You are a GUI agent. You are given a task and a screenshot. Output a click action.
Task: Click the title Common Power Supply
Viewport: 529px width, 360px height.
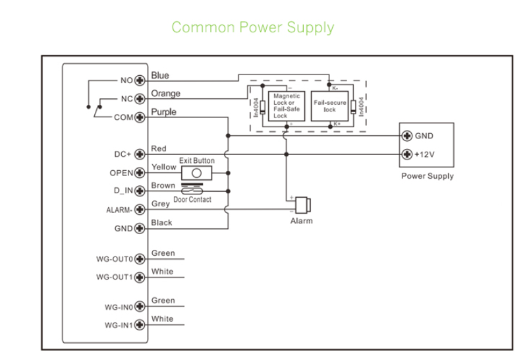pyautogui.click(x=252, y=28)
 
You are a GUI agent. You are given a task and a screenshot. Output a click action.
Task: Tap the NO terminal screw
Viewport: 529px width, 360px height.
pyautogui.click(x=139, y=80)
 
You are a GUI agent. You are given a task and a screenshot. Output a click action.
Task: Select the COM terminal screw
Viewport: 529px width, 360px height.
pyautogui.click(x=139, y=117)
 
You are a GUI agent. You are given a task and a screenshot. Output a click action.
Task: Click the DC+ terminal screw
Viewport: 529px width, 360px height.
pyautogui.click(x=139, y=154)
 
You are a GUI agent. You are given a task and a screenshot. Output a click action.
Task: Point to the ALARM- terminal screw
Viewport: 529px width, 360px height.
pyautogui.click(x=139, y=210)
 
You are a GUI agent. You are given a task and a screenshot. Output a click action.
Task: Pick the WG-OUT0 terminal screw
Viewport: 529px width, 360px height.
pyautogui.click(x=139, y=258)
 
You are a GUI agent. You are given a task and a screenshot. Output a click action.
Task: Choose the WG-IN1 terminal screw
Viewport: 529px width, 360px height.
pyautogui.click(x=139, y=325)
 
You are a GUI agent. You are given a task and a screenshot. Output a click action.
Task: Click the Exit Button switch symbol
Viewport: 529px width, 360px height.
pyautogui.click(x=196, y=172)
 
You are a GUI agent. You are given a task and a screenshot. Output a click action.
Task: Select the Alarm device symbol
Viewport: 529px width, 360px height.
pyautogui.click(x=303, y=204)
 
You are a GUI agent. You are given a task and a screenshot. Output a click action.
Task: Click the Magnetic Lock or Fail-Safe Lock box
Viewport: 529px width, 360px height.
pyautogui.click(x=287, y=105)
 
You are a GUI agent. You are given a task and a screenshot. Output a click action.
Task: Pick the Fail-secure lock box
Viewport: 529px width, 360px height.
pyautogui.click(x=329, y=105)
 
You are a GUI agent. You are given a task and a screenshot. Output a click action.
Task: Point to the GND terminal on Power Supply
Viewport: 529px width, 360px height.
pyautogui.click(x=408, y=136)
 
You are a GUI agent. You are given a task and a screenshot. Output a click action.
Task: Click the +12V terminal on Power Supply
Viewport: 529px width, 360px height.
pyautogui.click(x=408, y=154)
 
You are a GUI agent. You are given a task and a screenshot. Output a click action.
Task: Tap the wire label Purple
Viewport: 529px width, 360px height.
pyautogui.click(x=164, y=112)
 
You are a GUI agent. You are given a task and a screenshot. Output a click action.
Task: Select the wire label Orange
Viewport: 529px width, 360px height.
pyautogui.click(x=165, y=94)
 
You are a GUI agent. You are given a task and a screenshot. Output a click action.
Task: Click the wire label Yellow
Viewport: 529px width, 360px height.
pyautogui.click(x=164, y=167)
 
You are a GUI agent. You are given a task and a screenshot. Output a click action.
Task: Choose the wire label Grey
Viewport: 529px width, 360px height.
pyautogui.click(x=161, y=204)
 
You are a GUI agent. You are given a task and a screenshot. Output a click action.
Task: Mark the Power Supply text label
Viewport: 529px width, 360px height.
pyautogui.click(x=428, y=176)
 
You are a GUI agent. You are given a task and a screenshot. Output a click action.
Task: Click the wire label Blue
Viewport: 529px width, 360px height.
pyautogui.click(x=160, y=76)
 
